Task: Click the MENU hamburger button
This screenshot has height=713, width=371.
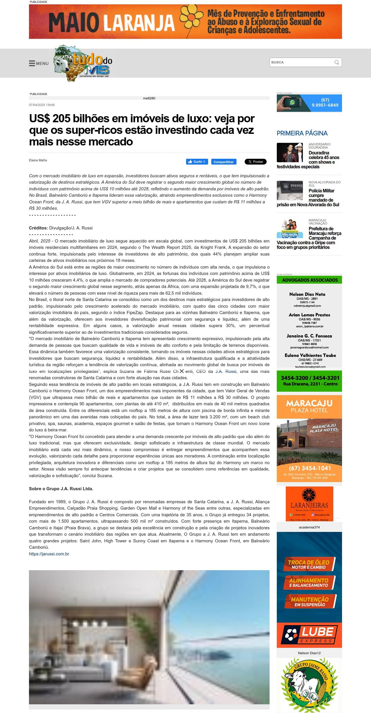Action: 39,63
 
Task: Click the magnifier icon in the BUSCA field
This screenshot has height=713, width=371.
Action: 337,62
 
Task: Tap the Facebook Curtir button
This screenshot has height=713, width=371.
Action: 197,162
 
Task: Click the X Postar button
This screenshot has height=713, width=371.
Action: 255,162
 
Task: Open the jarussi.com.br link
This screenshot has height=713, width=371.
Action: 49,554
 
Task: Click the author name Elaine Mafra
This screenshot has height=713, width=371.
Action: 38,160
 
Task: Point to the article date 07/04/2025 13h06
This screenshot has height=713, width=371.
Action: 42,105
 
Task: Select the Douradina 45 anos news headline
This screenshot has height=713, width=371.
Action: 323,158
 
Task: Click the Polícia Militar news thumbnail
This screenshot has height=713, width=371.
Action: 290,190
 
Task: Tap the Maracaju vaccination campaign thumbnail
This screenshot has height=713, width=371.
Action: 290,229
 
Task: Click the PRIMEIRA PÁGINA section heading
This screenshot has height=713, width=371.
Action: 302,133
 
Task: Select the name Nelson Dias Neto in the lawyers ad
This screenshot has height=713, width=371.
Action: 307,294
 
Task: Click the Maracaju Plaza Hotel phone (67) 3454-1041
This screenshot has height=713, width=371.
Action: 310,468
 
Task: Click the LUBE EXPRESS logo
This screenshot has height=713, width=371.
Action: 309,635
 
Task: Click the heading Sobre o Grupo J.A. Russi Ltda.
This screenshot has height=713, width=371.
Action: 61,488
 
